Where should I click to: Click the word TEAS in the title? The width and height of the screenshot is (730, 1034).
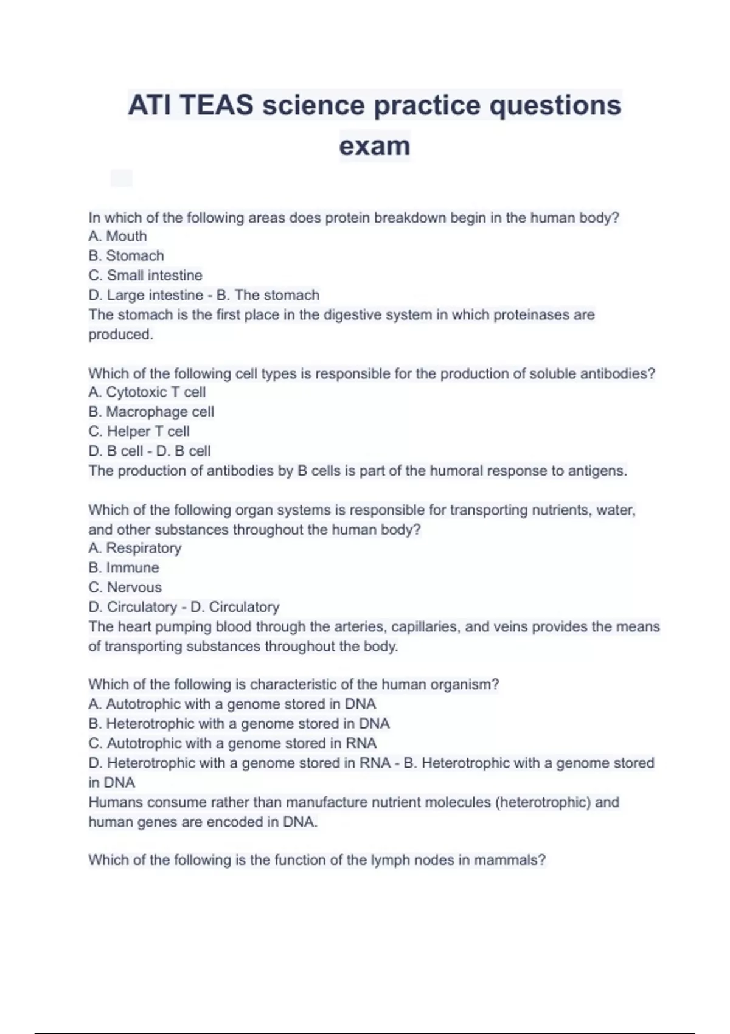pyautogui.click(x=217, y=105)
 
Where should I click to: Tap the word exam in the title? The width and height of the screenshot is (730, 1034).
pyautogui.click(x=374, y=146)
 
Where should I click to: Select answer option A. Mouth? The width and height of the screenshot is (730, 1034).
pyautogui.click(x=117, y=236)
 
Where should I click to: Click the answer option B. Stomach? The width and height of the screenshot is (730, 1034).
pyautogui.click(x=126, y=255)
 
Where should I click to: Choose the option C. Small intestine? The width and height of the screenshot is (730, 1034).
pyautogui.click(x=145, y=275)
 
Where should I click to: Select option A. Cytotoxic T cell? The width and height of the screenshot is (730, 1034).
pyautogui.click(x=147, y=392)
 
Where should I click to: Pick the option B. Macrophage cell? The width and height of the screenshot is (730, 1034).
pyautogui.click(x=151, y=412)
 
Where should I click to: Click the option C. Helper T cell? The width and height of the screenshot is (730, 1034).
pyautogui.click(x=139, y=431)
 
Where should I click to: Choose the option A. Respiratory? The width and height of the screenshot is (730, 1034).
pyautogui.click(x=134, y=548)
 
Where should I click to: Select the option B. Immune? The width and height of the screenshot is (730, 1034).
pyautogui.click(x=123, y=567)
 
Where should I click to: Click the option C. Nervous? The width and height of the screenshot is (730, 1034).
pyautogui.click(x=125, y=587)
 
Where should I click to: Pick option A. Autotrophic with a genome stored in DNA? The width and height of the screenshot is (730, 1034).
pyautogui.click(x=232, y=704)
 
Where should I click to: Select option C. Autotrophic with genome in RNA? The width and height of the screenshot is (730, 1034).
pyautogui.click(x=232, y=743)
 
